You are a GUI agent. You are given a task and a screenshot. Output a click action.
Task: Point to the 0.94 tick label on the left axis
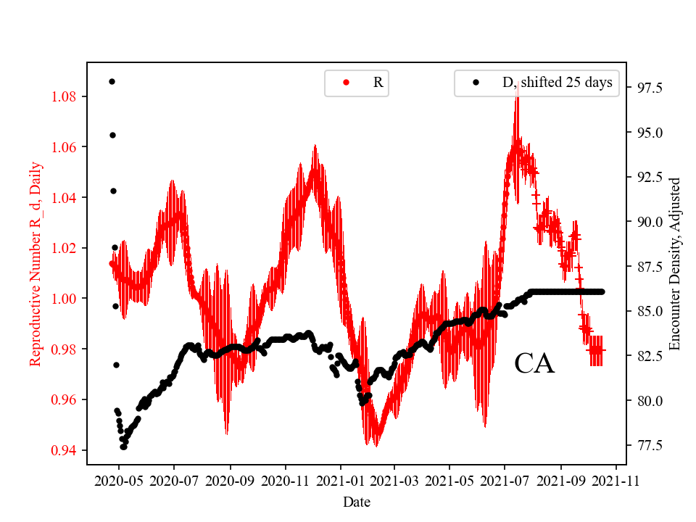pos(66,450)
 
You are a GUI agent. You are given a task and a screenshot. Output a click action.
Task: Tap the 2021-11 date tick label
pos(616,481)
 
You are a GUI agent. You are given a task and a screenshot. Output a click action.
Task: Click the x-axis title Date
pos(357,501)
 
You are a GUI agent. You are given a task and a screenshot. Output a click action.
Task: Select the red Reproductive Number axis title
pos(36,264)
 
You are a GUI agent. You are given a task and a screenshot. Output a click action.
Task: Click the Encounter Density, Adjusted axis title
pos(676,264)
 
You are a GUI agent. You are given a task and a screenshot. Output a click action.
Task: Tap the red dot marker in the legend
pos(346,83)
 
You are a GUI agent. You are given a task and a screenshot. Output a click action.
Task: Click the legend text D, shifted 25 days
pos(557,83)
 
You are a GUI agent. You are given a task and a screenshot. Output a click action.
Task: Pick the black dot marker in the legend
pos(476,83)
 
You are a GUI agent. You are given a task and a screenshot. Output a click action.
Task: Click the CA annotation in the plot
pos(534,364)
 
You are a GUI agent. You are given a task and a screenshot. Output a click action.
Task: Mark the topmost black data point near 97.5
pos(112,81)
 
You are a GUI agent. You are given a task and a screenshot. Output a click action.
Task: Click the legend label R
pos(378,83)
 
